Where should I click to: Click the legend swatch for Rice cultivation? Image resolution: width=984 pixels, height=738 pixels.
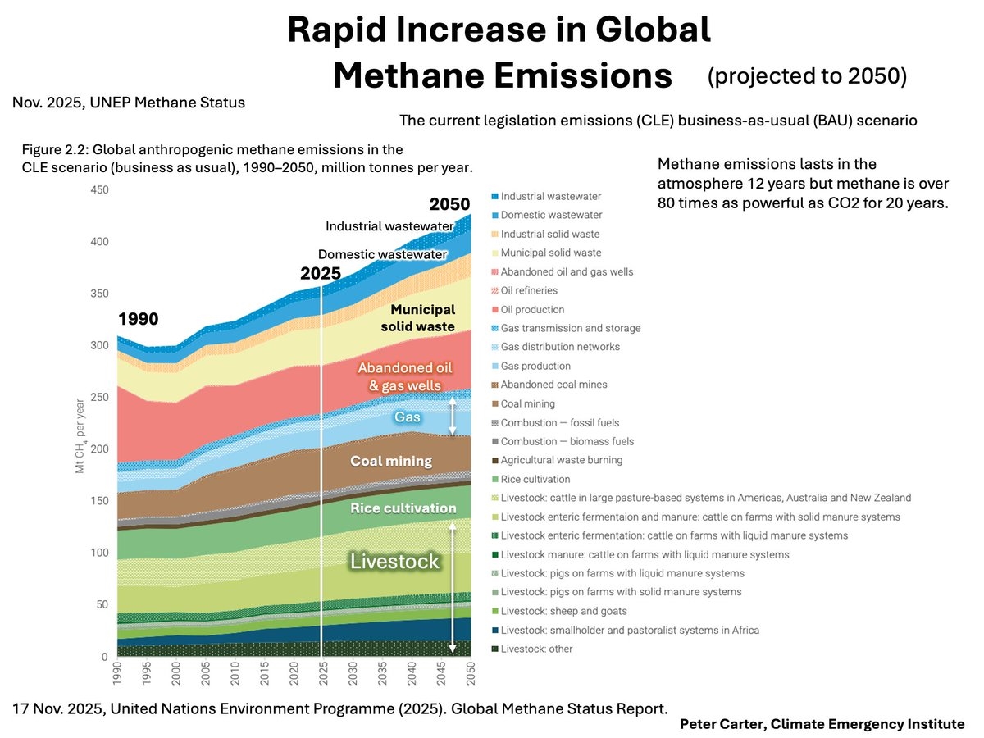click(x=494, y=479)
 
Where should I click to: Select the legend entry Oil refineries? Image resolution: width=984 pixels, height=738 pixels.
click(x=529, y=290)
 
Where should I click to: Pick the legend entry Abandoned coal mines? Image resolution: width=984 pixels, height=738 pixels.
click(x=553, y=385)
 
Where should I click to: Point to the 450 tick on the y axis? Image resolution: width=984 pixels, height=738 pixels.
click(x=98, y=189)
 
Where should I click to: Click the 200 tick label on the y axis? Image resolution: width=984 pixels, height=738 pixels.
click(x=98, y=449)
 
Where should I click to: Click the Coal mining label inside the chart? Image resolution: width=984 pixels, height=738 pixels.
click(x=391, y=461)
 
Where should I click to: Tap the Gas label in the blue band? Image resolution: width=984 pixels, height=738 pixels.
click(x=408, y=417)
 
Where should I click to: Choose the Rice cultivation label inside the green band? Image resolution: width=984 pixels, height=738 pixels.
click(x=403, y=508)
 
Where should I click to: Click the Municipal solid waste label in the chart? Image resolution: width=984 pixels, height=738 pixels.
click(x=422, y=318)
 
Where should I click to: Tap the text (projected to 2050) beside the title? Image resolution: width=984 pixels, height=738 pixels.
click(x=807, y=75)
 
